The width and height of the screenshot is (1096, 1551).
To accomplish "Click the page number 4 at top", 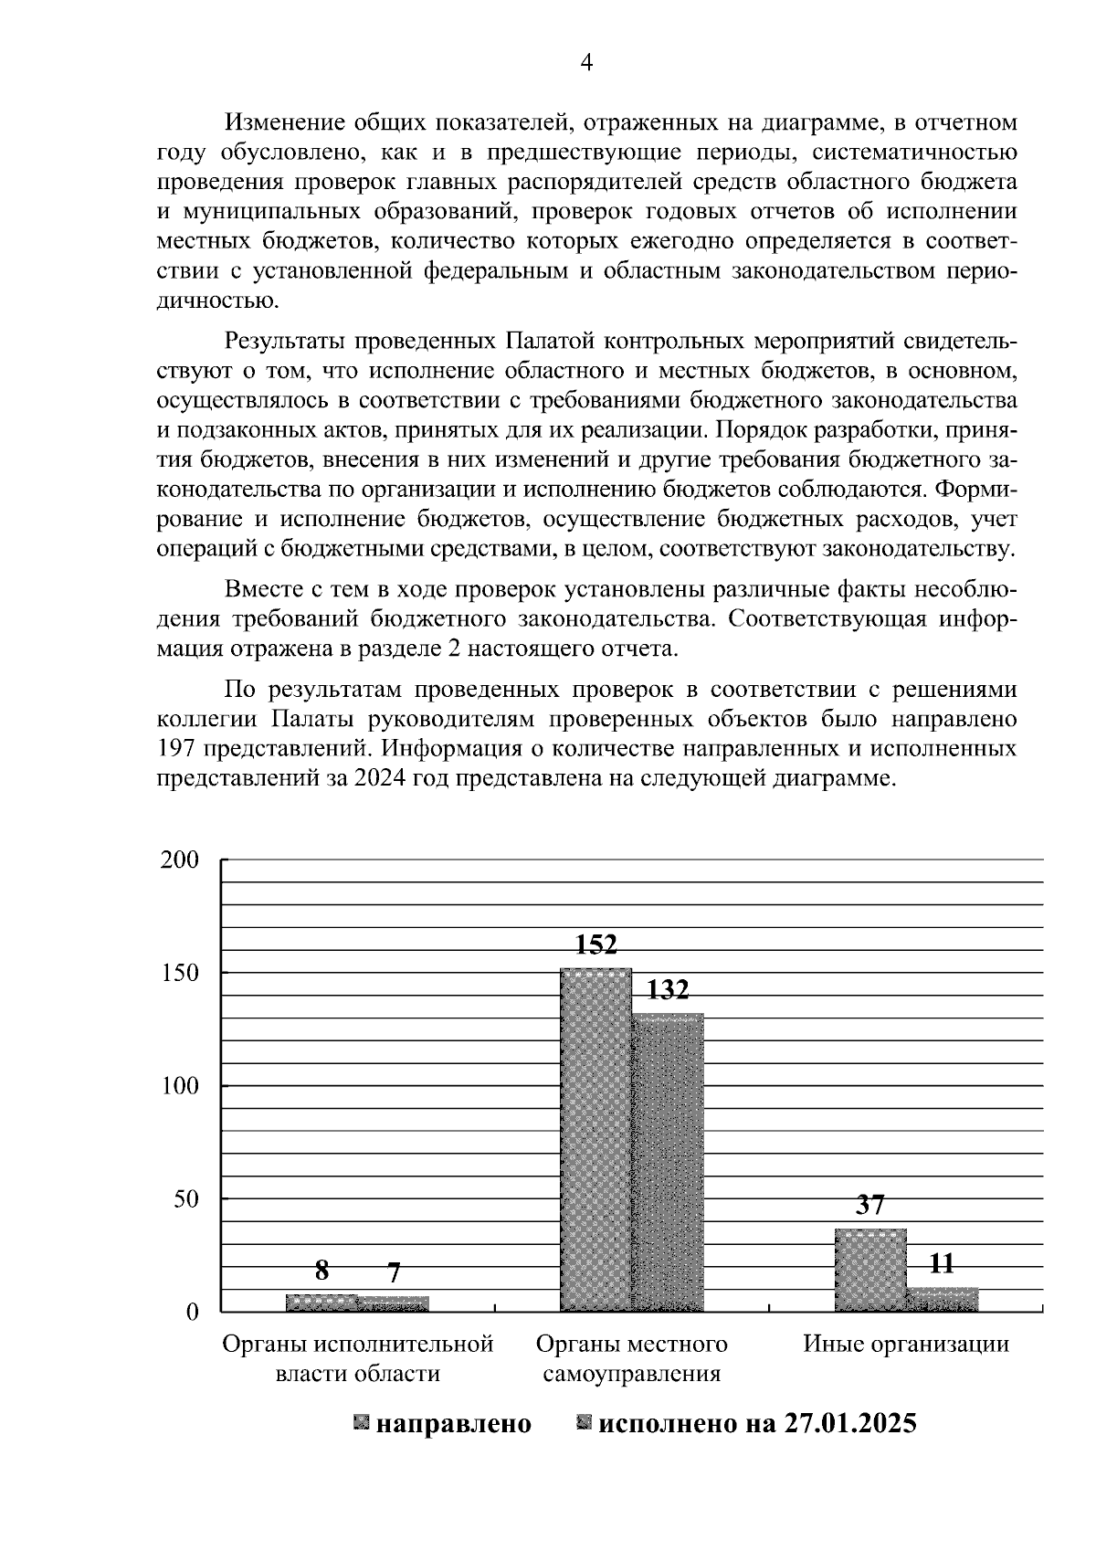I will tap(587, 62).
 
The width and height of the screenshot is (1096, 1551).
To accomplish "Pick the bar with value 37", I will tap(870, 1270).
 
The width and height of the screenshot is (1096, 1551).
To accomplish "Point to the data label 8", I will tap(321, 1271).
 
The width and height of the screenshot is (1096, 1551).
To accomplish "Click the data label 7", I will tap(394, 1272).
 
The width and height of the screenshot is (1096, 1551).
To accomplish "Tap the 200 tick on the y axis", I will tap(179, 860).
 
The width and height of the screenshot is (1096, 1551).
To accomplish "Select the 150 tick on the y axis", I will tap(179, 973).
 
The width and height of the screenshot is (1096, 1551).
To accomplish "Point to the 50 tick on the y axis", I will tap(185, 1198).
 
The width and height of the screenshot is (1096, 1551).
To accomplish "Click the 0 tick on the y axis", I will tap(192, 1312).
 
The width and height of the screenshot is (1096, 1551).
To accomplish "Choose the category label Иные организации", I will tap(906, 1344).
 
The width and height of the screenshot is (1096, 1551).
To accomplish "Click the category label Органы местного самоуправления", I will tap(632, 1358).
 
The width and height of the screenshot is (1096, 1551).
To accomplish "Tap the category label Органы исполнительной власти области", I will tap(358, 1358).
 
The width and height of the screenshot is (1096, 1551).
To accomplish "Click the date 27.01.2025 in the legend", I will tap(849, 1423).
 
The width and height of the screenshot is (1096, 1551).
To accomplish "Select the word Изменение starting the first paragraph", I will tap(278, 121).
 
